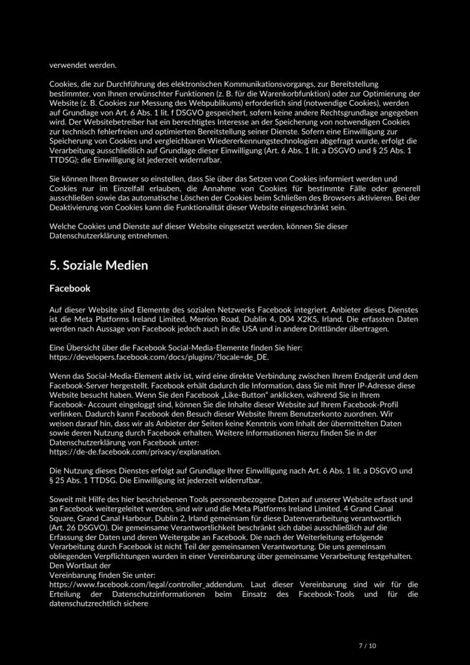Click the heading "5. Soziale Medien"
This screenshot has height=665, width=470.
[99, 266]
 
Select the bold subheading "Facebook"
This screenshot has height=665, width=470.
[69, 288]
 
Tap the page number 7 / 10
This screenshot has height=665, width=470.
[367, 646]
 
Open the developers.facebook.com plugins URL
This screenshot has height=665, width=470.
[158, 357]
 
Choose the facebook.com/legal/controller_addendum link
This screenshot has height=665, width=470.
[147, 584]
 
